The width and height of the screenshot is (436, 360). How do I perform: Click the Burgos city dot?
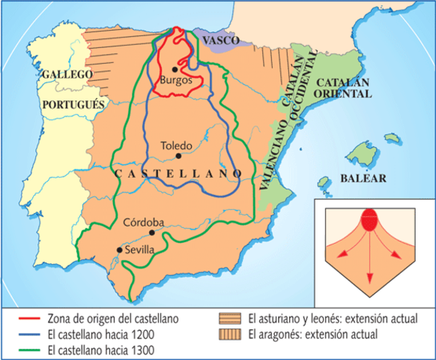tap(174, 68)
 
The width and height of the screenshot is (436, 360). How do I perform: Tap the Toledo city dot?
tap(178, 156)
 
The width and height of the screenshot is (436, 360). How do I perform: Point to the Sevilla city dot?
tap(118, 250)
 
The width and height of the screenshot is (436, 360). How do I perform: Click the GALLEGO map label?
tap(67, 75)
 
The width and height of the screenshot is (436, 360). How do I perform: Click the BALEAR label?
tap(363, 178)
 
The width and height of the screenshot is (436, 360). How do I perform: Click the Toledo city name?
tap(177, 145)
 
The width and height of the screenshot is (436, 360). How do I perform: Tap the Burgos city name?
tap(176, 79)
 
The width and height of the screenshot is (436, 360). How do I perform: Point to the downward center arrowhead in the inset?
tap(369, 279)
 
